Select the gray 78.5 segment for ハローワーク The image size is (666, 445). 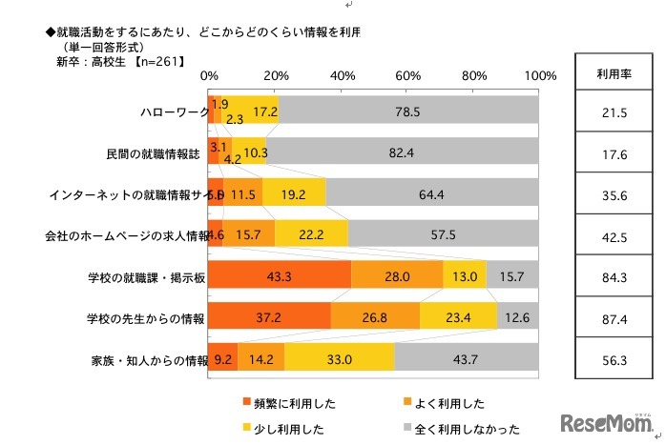coord(407,111)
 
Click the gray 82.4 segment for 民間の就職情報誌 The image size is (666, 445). coord(402,152)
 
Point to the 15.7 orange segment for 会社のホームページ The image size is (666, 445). coord(249,233)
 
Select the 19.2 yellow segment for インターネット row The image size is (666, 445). coord(294,193)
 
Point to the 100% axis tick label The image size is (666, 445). coord(539,76)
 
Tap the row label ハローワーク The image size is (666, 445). coord(173,112)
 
